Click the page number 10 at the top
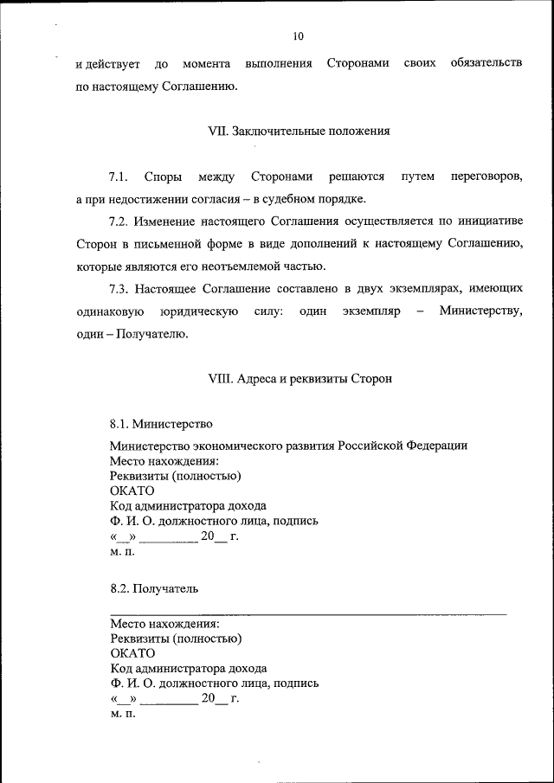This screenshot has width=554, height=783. (x=298, y=36)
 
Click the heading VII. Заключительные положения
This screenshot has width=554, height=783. (x=299, y=132)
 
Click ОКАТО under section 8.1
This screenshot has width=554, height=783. (x=132, y=491)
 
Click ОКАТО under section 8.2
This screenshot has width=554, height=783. (x=132, y=653)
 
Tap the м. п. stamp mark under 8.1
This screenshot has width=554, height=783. (x=123, y=551)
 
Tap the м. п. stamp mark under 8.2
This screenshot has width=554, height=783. (x=123, y=714)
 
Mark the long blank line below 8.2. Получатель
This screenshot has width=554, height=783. (x=308, y=613)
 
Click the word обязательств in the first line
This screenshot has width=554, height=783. (x=486, y=65)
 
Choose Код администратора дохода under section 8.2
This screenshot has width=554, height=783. (x=188, y=668)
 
